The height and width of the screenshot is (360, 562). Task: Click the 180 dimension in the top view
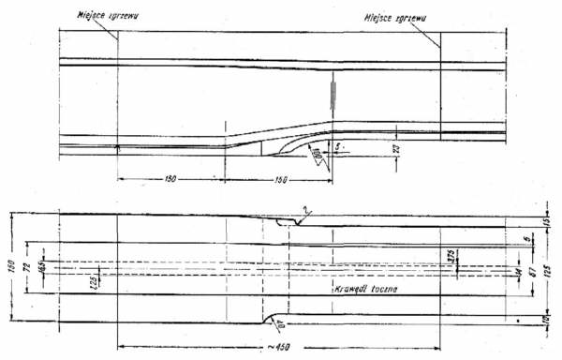click(x=170, y=176)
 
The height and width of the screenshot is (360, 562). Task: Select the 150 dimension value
click(x=279, y=176)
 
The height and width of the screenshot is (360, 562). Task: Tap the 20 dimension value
click(x=397, y=147)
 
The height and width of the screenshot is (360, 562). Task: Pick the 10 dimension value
click(x=547, y=322)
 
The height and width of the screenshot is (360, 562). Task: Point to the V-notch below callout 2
click(x=295, y=223)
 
